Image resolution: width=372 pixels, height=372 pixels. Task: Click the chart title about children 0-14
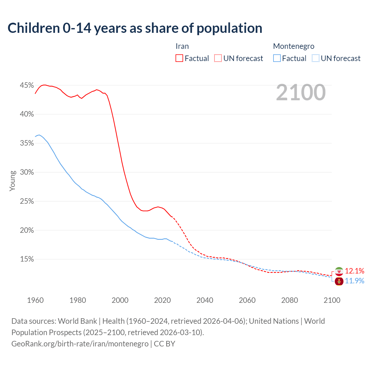(x=135, y=28)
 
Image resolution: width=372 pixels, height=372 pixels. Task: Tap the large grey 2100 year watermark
(x=301, y=92)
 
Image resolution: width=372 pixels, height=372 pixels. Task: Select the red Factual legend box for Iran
(x=179, y=58)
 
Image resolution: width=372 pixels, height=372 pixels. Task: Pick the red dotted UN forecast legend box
(x=218, y=58)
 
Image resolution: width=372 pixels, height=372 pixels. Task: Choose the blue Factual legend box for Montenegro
(x=277, y=58)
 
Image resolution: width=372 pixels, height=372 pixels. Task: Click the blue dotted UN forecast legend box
(x=316, y=58)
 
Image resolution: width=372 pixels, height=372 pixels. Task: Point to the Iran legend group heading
(x=182, y=46)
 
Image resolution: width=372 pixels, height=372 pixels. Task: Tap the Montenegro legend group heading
(x=294, y=46)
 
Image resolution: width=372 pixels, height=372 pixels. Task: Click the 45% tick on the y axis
(x=27, y=85)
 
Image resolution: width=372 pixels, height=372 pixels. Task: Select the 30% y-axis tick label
(x=27, y=172)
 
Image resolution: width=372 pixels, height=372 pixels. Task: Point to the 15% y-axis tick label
(x=27, y=259)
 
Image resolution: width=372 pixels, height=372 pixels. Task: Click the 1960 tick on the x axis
(x=35, y=300)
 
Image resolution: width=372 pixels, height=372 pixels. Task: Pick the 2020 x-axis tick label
(x=162, y=300)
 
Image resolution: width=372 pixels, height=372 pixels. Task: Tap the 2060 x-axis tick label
(x=247, y=300)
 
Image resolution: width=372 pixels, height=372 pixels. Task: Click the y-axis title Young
(x=12, y=181)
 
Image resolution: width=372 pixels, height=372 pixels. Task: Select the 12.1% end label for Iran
(x=355, y=271)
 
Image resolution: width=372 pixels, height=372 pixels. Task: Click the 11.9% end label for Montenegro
(x=355, y=281)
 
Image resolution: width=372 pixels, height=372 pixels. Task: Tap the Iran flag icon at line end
(x=339, y=271)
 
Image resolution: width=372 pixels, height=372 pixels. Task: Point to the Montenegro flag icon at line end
(x=339, y=281)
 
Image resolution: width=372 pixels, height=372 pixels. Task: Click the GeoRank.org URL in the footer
(x=80, y=344)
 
